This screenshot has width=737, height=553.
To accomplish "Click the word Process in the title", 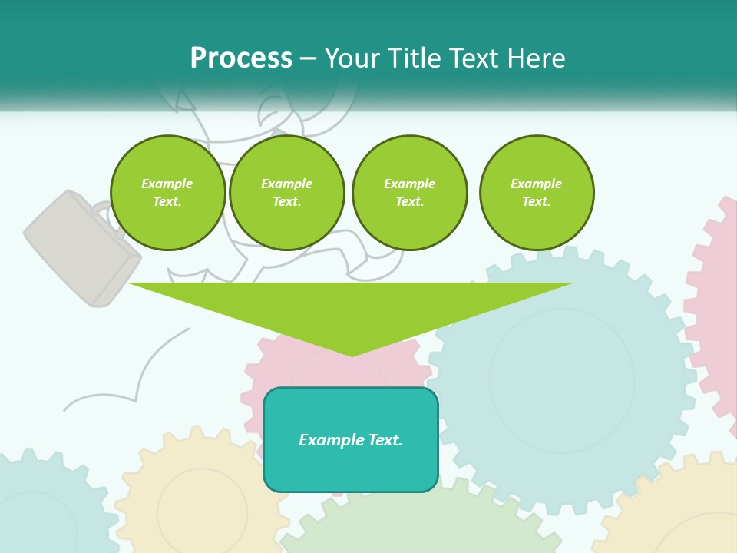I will [241, 58].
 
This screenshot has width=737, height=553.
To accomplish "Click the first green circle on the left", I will [167, 193].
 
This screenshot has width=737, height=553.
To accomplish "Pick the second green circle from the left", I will [287, 193].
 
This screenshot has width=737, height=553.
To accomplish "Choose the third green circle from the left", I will [409, 193].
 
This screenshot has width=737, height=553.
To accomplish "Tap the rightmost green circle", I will [537, 193].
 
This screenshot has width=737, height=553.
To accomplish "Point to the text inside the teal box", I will [351, 440].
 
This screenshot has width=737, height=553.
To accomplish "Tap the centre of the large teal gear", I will [562, 380].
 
